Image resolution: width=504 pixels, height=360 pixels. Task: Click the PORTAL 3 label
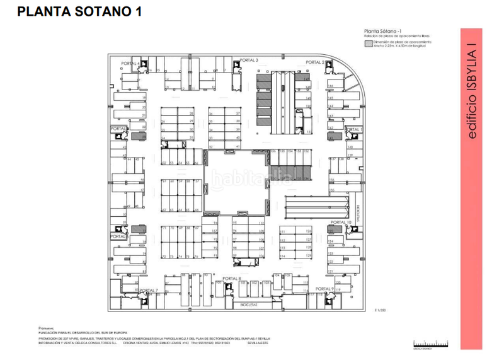[x=248, y=60]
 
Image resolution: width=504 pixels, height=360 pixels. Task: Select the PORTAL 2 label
[x=314, y=62]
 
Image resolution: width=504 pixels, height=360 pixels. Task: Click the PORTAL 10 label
[x=340, y=223]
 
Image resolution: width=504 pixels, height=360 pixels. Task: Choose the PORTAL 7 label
[x=148, y=290]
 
